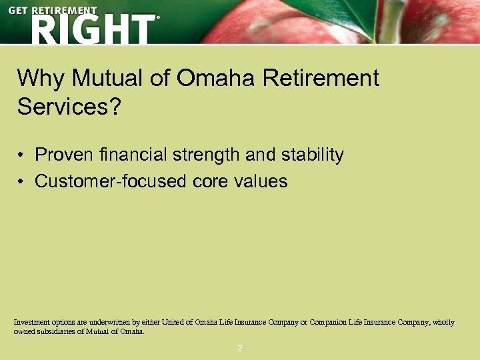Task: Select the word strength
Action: pyautogui.click(x=207, y=155)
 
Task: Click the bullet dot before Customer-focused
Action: pyautogui.click(x=21, y=182)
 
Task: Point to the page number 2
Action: pyautogui.click(x=240, y=348)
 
